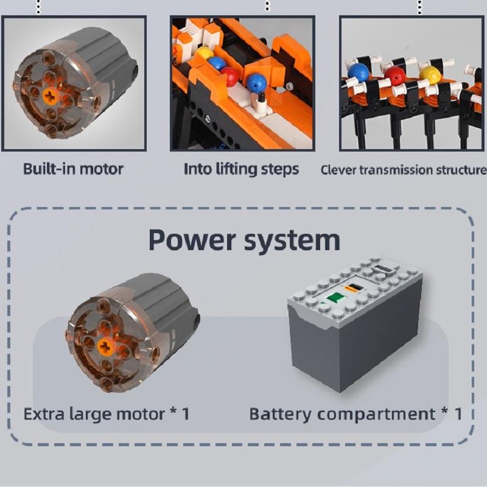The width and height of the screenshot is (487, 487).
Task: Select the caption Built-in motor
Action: coord(73,169)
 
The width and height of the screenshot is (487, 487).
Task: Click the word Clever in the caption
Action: coord(338,170)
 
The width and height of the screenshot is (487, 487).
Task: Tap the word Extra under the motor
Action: coord(46,414)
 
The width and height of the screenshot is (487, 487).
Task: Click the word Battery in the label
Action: coord(279,414)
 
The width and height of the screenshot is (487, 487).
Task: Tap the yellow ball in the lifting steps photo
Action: coord(205,53)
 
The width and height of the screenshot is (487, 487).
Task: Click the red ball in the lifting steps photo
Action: coord(229,75)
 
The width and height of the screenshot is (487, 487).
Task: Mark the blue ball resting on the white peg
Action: coord(256,82)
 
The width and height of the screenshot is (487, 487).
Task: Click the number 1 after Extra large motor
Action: coord(186,414)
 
